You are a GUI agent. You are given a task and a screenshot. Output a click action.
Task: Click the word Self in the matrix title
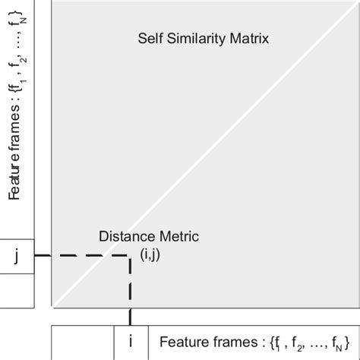(149, 37)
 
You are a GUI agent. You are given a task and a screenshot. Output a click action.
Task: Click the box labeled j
(16, 256)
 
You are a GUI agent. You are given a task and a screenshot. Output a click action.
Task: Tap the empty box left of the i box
(83, 341)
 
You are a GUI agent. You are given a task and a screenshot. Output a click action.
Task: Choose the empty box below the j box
(16, 289)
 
